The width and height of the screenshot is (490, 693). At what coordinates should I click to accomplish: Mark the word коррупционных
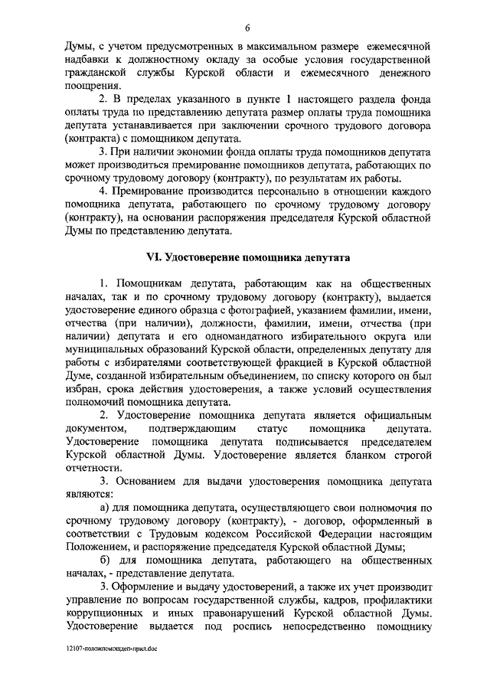coord(108,620)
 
